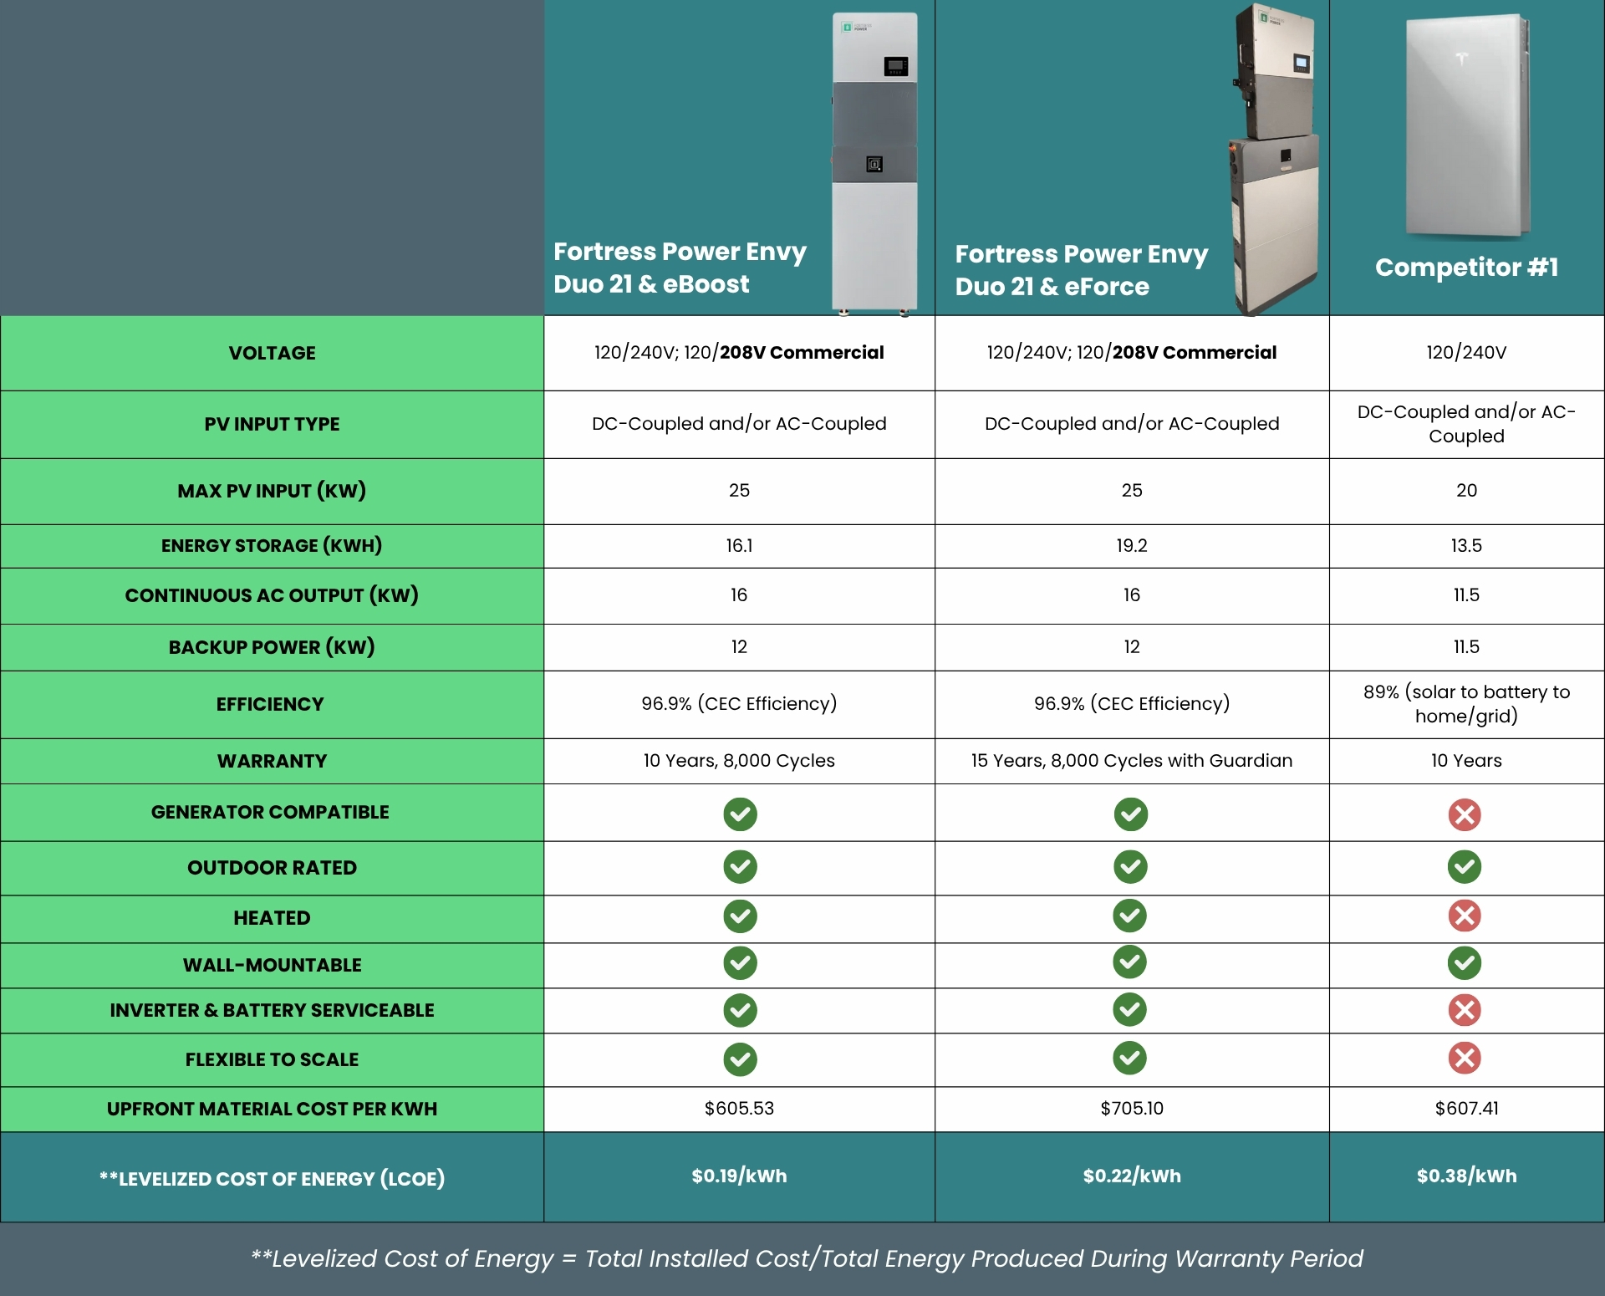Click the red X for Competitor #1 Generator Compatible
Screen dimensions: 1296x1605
pyautogui.click(x=1465, y=814)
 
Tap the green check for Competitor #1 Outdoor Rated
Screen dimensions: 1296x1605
pyautogui.click(x=1465, y=867)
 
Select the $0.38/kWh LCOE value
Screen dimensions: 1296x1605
pyautogui.click(x=1466, y=1176)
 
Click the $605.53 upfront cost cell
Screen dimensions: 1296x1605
pyautogui.click(x=739, y=1109)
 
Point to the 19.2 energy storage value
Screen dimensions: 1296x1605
pyautogui.click(x=1131, y=546)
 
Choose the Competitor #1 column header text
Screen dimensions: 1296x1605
pyautogui.click(x=1466, y=268)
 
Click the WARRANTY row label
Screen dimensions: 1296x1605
pyautogui.click(x=272, y=761)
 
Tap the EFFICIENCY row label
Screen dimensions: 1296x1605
pyautogui.click(x=269, y=704)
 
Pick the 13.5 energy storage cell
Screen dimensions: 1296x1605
pyautogui.click(x=1466, y=546)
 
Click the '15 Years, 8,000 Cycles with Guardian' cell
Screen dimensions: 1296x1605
pyautogui.click(x=1131, y=761)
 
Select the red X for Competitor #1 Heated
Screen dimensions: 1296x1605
pyautogui.click(x=1465, y=916)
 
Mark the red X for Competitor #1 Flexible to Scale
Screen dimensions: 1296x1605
pyautogui.click(x=1465, y=1059)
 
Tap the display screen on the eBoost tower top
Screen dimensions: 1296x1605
pyautogui.click(x=896, y=66)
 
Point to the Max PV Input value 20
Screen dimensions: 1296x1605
pyautogui.click(x=1466, y=491)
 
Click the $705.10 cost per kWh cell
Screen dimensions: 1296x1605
pyautogui.click(x=1131, y=1109)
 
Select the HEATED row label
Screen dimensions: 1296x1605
pyautogui.click(x=272, y=918)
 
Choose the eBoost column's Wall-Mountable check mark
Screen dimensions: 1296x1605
pyautogui.click(x=740, y=963)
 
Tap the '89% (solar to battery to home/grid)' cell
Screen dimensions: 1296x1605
pyautogui.click(x=1466, y=704)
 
